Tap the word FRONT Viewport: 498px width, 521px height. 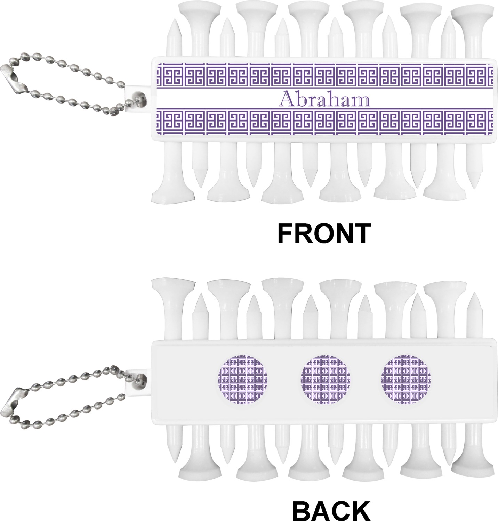tap(324, 233)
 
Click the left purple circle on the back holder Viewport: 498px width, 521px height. tap(242, 379)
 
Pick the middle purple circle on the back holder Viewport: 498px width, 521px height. tap(325, 379)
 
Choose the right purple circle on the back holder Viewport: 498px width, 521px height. tap(406, 379)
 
